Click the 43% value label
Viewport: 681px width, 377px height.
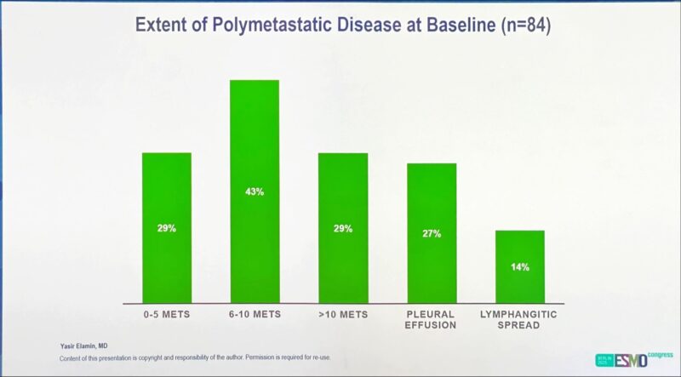[x=255, y=191]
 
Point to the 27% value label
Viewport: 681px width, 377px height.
[x=432, y=233]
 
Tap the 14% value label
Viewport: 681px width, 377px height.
[x=520, y=267]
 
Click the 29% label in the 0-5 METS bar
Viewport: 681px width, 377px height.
[x=167, y=228]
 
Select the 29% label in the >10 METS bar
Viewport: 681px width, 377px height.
[x=343, y=228]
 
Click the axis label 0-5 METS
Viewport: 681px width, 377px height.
[x=167, y=316]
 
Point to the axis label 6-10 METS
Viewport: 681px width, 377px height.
[x=255, y=316]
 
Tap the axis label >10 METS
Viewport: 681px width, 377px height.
[x=343, y=316]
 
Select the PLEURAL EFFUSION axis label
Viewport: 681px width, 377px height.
[x=432, y=321]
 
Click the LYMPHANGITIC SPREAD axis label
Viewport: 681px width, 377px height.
[x=520, y=321]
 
